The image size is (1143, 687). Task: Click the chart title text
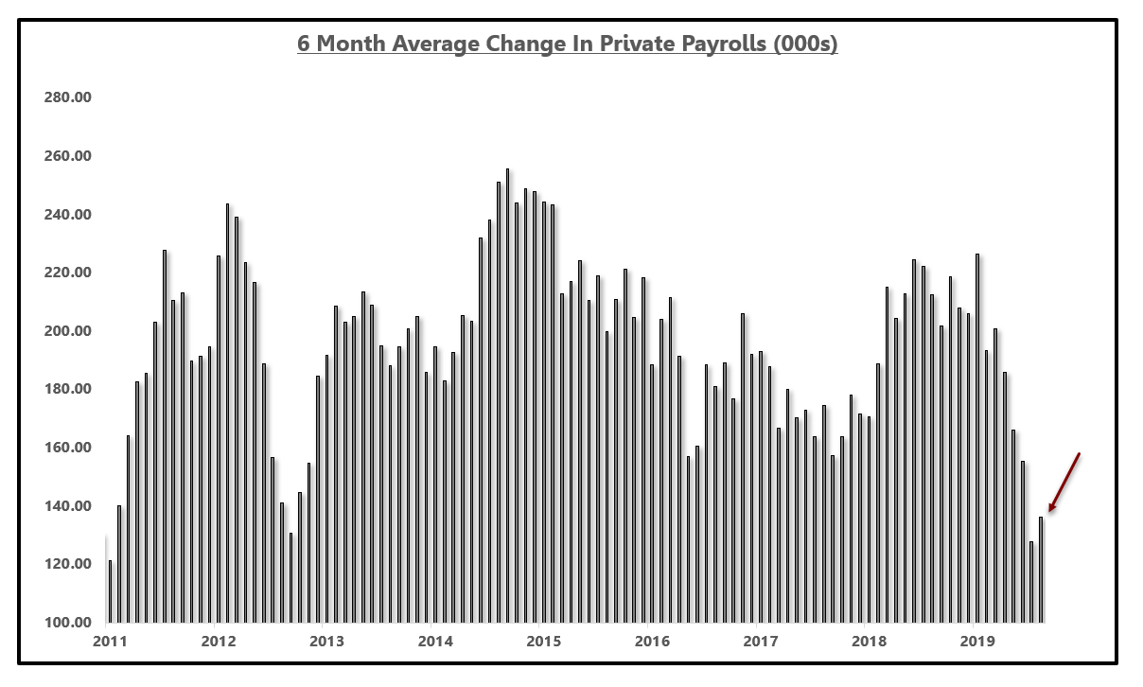tap(567, 45)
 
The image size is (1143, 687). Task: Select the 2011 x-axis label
tap(111, 642)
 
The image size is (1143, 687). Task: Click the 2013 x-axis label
tap(327, 642)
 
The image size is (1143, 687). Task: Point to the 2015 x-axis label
tap(544, 642)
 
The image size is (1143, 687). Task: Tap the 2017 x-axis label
tap(760, 642)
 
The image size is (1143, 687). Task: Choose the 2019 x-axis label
tap(976, 642)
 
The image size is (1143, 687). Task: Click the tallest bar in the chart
tap(508, 396)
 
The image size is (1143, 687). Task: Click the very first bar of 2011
tap(110, 591)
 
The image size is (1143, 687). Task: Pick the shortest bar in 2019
tap(1031, 582)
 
